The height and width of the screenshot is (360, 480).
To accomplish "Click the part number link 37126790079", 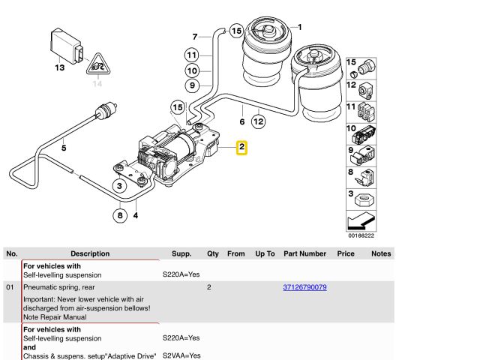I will [x=304, y=287].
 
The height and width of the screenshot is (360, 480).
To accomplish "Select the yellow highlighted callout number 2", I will [x=241, y=148].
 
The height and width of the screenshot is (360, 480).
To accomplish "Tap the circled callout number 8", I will [x=119, y=217].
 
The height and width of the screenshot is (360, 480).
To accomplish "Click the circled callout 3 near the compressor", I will [x=119, y=186].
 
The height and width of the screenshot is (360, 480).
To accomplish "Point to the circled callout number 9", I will [x=191, y=86].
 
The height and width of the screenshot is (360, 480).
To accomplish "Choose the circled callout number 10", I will [x=191, y=71].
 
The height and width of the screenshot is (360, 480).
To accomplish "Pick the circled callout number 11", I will [x=191, y=55].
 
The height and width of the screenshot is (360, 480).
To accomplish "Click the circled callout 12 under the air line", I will [x=257, y=121].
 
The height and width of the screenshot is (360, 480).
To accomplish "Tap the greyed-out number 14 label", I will [x=95, y=83].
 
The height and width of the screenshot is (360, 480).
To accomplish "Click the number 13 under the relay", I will [x=60, y=67].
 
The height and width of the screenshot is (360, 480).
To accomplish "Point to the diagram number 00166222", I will [x=360, y=235].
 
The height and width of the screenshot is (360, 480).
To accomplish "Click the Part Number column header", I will [x=304, y=254].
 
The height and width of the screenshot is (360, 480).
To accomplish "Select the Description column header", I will [x=90, y=254].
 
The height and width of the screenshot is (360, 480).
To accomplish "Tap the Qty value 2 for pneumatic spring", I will [x=208, y=287].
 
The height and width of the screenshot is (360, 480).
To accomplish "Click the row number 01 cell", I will [x=10, y=287].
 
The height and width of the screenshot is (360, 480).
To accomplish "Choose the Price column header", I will [x=346, y=254].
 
